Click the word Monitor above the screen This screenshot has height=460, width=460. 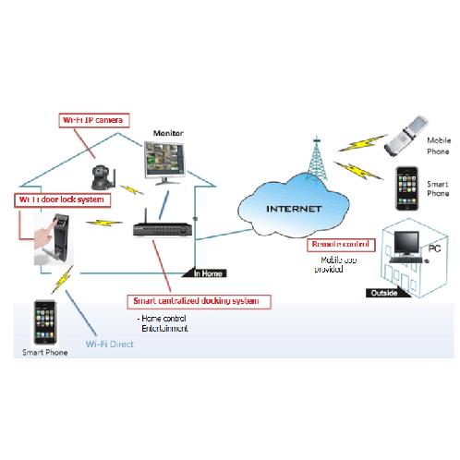tap(169, 134)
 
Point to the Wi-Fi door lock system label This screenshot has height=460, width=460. tap(60, 199)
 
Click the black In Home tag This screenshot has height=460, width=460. tap(208, 272)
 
